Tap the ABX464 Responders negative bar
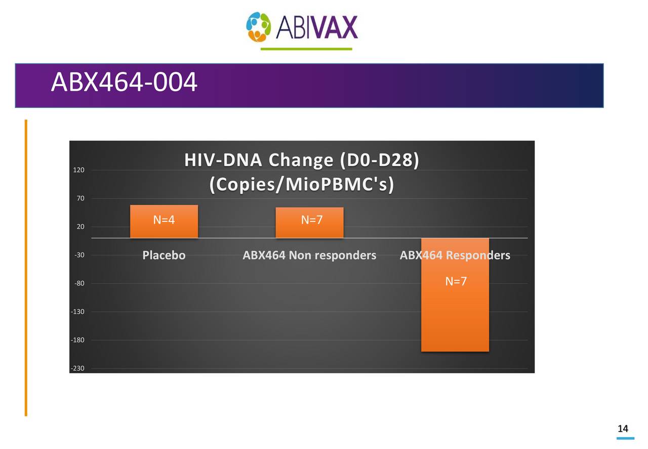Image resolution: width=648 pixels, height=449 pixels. coord(455,314)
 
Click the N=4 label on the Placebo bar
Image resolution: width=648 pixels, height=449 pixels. coord(164,220)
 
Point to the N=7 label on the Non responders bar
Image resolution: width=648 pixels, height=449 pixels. coord(312,220)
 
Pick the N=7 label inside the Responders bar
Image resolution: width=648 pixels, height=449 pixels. coord(456,281)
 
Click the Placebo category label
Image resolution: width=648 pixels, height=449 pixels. coord(164,255)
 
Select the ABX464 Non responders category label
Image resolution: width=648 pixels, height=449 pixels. coord(309,255)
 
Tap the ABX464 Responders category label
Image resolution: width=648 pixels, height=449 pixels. coord(455,255)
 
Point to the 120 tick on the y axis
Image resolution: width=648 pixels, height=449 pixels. coord(78,170)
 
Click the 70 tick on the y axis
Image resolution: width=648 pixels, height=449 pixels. coord(80,199)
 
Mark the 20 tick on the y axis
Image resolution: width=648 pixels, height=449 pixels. coord(80,227)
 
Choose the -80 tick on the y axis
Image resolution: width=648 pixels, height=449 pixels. coord(79,284)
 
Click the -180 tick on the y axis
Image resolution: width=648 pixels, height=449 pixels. coord(77,340)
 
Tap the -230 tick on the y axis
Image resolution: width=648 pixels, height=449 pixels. coord(77,368)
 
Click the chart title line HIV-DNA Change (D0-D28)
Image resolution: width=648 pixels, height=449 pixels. coord(302,160)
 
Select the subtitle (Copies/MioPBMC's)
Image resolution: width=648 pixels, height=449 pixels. coord(302,185)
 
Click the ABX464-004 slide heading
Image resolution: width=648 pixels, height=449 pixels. coord(124,83)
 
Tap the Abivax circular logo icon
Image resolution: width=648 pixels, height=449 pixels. coord(259,27)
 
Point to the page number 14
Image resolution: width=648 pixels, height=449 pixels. coord(623,429)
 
